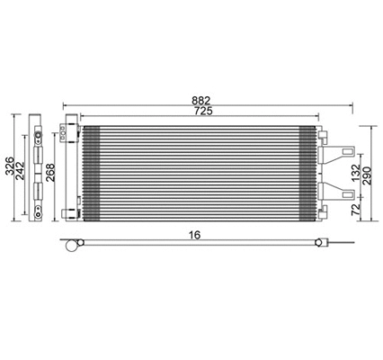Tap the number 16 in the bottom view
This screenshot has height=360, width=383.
click(195, 235)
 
